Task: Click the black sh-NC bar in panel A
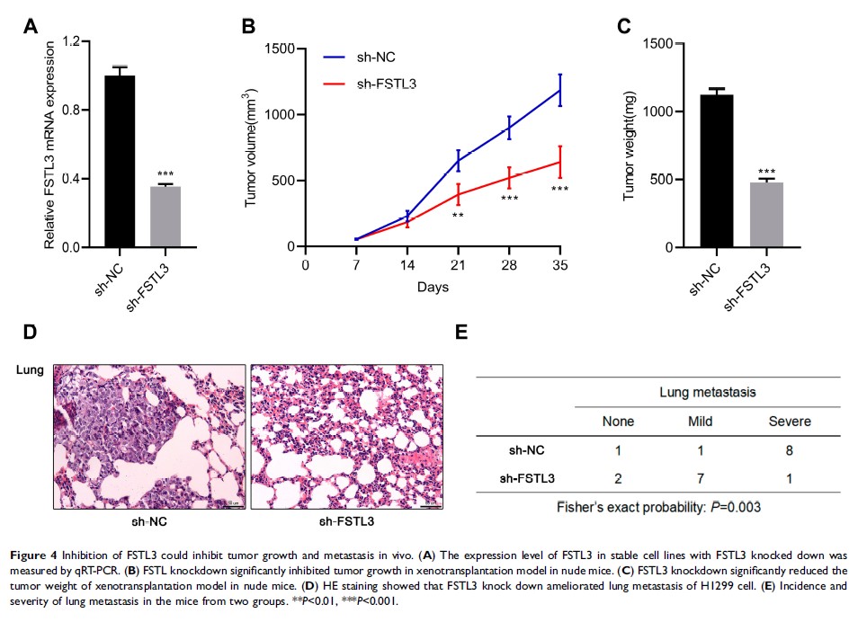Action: coord(120,162)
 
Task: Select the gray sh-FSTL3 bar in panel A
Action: coord(165,217)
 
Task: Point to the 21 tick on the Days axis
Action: coord(458,266)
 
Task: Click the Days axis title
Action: coord(432,288)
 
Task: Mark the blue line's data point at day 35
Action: coord(560,90)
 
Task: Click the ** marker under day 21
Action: coord(458,217)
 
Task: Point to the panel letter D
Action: coord(31,333)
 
